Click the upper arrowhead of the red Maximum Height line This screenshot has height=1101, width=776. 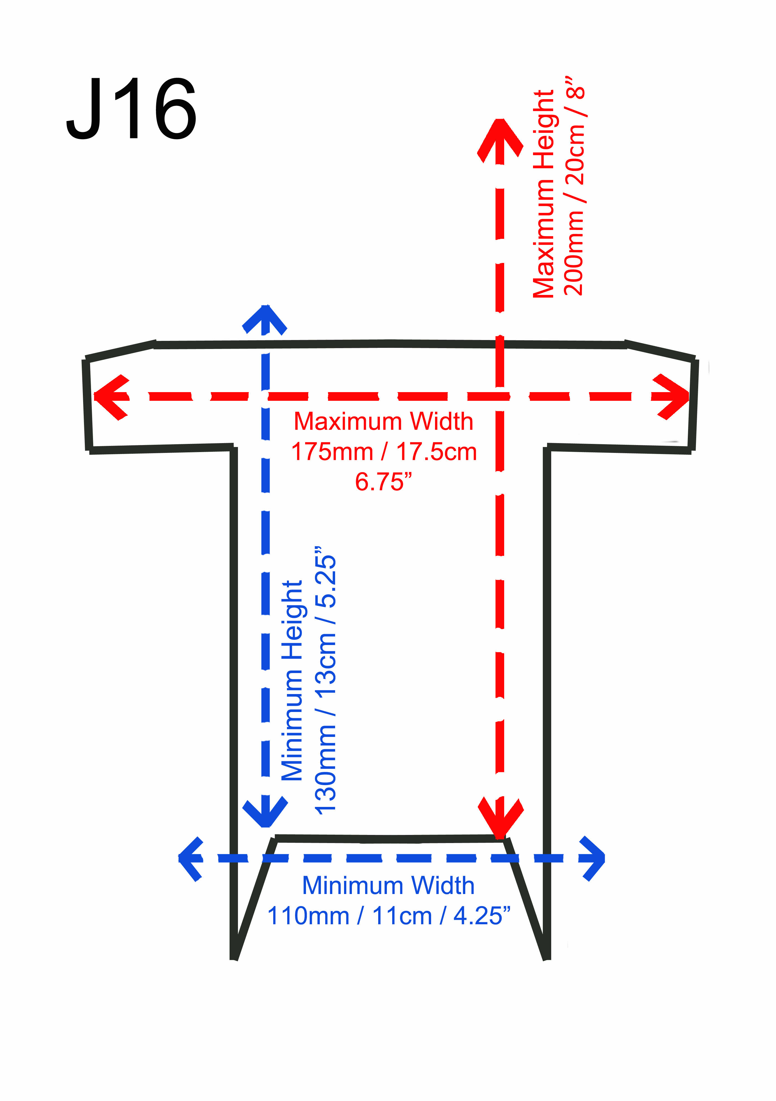click(500, 139)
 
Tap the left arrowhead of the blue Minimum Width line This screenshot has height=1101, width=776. click(190, 858)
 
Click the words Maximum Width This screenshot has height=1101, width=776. click(384, 422)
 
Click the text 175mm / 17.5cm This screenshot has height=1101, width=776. click(384, 452)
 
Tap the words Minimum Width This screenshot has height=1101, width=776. click(388, 886)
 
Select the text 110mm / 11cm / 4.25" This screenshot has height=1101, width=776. click(388, 916)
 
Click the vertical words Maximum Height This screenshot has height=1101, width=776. click(544, 194)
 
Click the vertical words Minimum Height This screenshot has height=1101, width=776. click(292, 681)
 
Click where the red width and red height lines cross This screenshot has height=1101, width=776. click(500, 396)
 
